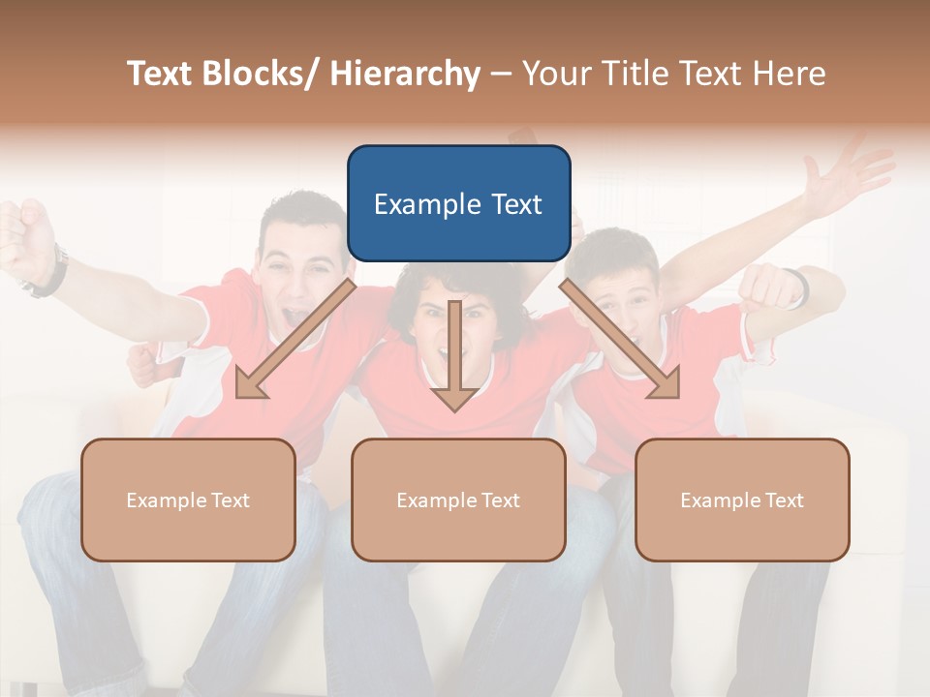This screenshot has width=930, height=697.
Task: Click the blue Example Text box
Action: coord(458,203)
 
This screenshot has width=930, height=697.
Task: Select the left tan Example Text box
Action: coord(188,500)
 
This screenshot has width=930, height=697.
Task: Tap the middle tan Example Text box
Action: coord(458,500)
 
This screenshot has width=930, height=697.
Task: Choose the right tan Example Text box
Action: coord(742,500)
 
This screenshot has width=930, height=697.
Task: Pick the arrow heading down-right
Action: coord(620,339)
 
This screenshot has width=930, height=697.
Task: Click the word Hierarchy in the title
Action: coord(405,74)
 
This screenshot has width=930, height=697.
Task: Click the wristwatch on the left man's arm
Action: coord(48,273)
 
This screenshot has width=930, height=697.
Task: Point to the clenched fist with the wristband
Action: coord(770,287)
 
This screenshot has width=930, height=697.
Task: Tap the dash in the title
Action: coord(501,74)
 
